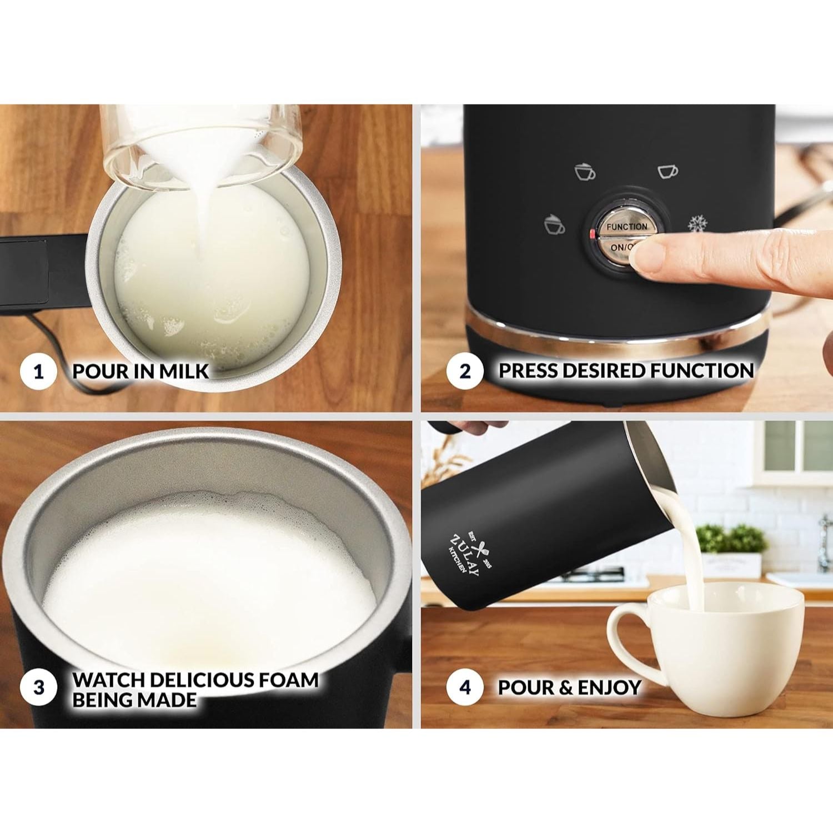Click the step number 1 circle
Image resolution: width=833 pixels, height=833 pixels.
coord(38,371)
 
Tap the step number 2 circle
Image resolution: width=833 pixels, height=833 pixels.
coord(465,371)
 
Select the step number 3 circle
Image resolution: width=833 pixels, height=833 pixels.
coord(38,688)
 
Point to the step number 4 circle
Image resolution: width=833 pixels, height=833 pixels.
coord(465,688)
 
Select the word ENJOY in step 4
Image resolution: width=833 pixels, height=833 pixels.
coord(609,688)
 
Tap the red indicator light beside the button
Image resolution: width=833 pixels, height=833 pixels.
coord(592,234)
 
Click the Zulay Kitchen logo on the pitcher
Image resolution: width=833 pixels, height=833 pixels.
coord(470,553)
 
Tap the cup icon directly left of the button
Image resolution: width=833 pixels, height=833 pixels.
coord(554,224)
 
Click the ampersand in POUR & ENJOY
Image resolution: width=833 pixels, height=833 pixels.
coord(565,688)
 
